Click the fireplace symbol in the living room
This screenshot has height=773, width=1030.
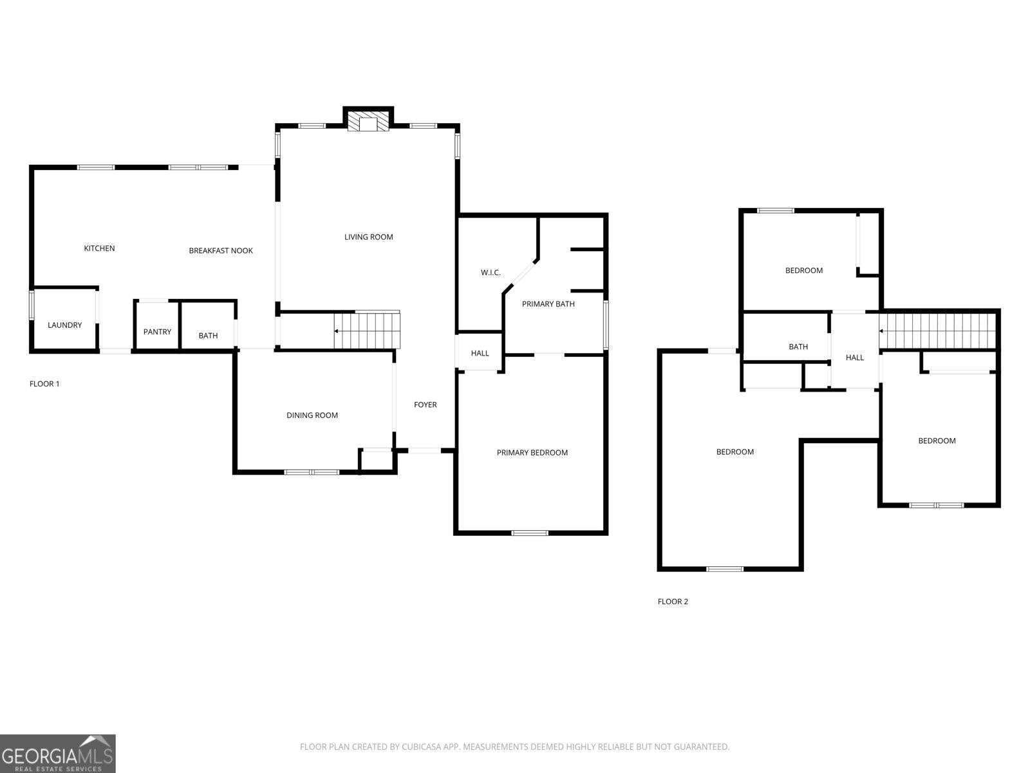pos(368,122)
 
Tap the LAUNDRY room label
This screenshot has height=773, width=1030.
pos(64,325)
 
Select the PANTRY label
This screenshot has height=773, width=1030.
pos(157,332)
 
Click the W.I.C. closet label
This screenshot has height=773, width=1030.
pos(491,273)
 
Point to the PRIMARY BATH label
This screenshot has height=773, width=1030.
pos(548,304)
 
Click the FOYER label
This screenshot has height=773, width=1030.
pos(425,405)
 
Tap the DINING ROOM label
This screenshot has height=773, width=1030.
pos(312,415)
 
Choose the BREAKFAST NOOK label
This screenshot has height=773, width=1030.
pos(221,251)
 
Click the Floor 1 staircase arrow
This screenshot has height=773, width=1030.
pos(337,330)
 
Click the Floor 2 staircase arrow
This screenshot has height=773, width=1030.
pos(883,331)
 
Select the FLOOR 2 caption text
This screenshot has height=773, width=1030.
pos(673,602)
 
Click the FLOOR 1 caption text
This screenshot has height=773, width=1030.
pos(44,384)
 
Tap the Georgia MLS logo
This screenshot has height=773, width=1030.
pos(57,754)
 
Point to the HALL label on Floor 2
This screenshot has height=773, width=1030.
pos(854,358)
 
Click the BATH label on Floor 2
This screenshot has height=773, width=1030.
pos(798,347)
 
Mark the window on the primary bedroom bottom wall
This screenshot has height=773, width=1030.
pos(530,533)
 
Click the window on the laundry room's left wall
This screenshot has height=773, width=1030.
pos(32,305)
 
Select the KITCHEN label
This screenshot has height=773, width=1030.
pos(99,249)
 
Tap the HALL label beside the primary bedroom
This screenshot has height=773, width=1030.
pos(480,353)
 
